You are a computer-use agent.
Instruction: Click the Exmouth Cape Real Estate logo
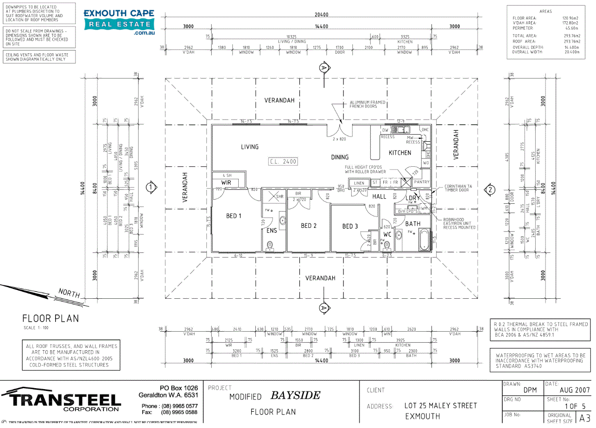pyautogui.click(x=119, y=22)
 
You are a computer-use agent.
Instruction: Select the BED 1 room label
pyautogui.click(x=234, y=216)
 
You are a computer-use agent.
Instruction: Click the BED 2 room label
pyautogui.click(x=309, y=226)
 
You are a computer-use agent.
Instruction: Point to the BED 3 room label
pyautogui.click(x=350, y=226)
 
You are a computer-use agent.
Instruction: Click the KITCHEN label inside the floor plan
pyautogui.click(x=399, y=153)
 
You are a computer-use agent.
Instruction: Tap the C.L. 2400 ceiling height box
pyautogui.click(x=283, y=162)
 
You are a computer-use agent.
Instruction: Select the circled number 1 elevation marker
pyautogui.click(x=150, y=188)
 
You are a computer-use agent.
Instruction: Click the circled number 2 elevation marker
pyautogui.click(x=489, y=189)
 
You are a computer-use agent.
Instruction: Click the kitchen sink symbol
pyautogui.click(x=398, y=130)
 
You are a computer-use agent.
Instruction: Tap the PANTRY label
pyautogui.click(x=421, y=183)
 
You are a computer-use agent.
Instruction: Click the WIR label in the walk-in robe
pyautogui.click(x=226, y=183)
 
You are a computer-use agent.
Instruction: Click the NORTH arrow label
pyautogui.click(x=69, y=293)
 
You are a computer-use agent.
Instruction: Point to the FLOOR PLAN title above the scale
pyautogui.click(x=51, y=319)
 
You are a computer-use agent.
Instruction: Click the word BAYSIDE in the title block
pyautogui.click(x=295, y=396)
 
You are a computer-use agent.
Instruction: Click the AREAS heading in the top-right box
pyautogui.click(x=545, y=11)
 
